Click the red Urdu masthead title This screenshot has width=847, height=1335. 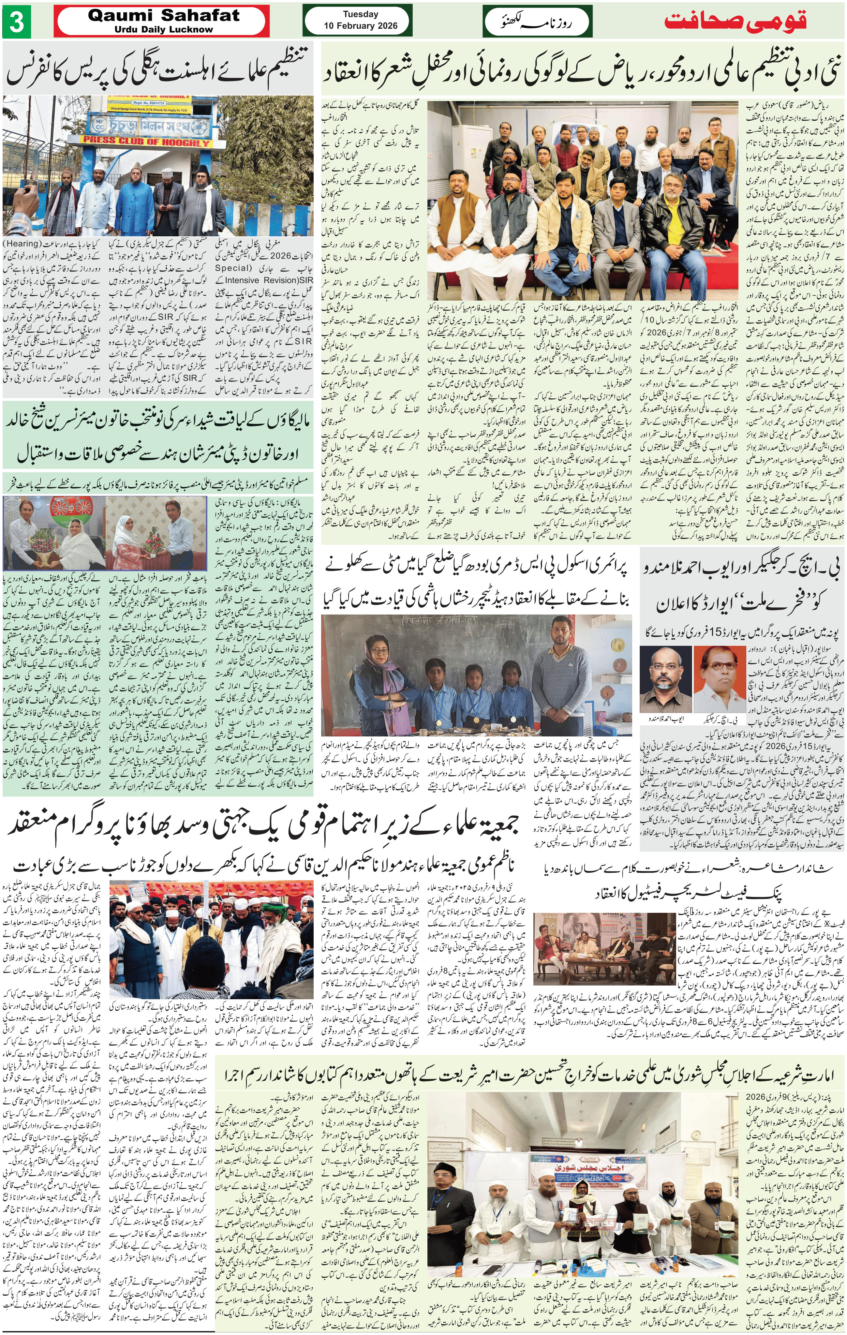tap(735, 21)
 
